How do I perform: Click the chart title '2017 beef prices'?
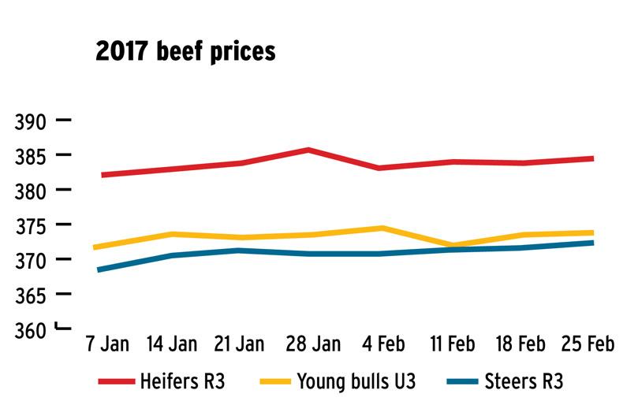(185, 52)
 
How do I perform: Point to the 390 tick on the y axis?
(32, 121)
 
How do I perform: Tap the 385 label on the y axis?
(32, 156)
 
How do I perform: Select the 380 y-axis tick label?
(32, 191)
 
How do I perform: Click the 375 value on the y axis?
(32, 225)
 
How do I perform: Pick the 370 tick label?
(32, 260)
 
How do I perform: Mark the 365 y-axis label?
(32, 295)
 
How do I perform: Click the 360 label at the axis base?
(32, 329)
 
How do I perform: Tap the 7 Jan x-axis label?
(107, 347)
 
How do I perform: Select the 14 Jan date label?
(172, 347)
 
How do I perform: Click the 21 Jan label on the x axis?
(240, 347)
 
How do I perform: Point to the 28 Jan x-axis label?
(308, 347)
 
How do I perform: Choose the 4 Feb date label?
(379, 347)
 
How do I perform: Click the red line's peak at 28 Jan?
(308, 149)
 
